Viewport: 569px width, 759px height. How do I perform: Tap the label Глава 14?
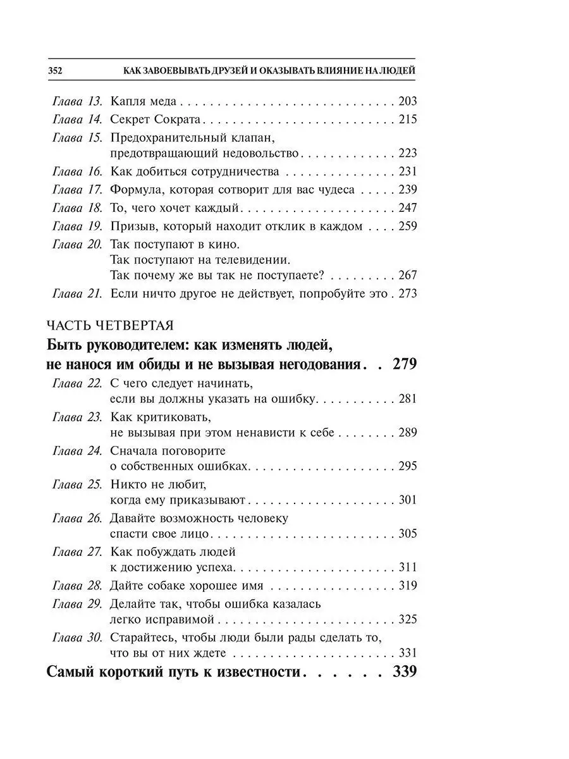(76, 119)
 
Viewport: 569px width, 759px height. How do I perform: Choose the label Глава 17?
(76, 189)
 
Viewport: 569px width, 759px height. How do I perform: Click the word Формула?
(137, 189)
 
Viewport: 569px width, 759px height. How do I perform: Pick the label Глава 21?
(76, 293)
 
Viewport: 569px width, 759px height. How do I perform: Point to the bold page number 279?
(404, 364)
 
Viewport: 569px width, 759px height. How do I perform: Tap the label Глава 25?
(76, 484)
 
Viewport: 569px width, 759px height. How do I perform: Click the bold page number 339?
(404, 672)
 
